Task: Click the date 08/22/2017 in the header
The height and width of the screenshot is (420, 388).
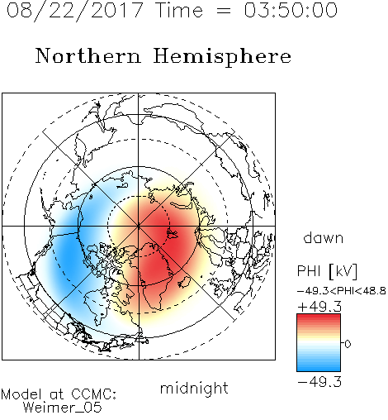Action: coord(74,11)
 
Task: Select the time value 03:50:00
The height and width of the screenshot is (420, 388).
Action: coord(291,10)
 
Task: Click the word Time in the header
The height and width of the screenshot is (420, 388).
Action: coord(179,10)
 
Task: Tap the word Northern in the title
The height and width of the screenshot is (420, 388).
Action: coord(88,56)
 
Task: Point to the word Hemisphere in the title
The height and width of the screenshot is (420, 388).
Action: coord(222,57)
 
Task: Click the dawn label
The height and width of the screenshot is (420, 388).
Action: coord(324,237)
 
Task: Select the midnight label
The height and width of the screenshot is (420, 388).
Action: coord(194,388)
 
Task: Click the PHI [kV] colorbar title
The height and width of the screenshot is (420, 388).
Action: coord(327,271)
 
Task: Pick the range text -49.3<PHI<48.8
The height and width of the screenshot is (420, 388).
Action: coord(341,291)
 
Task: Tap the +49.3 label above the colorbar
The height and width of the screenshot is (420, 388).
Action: coord(319,307)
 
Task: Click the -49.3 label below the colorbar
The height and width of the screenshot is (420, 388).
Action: coord(319,382)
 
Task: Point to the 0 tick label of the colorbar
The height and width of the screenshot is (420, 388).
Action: coord(348,344)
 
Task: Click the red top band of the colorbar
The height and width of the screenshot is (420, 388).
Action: coord(319,319)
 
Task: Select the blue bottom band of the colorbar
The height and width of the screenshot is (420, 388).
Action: coord(319,366)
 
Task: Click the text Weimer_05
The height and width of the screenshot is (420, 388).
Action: coord(63,408)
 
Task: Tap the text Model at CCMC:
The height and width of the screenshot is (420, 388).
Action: coord(59,394)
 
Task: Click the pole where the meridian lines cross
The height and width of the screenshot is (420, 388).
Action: coord(139,226)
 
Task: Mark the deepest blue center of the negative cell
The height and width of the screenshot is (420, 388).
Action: coord(69,255)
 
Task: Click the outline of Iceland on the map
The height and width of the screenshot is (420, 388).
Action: coord(184,282)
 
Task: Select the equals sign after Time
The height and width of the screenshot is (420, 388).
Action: coord(224,11)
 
